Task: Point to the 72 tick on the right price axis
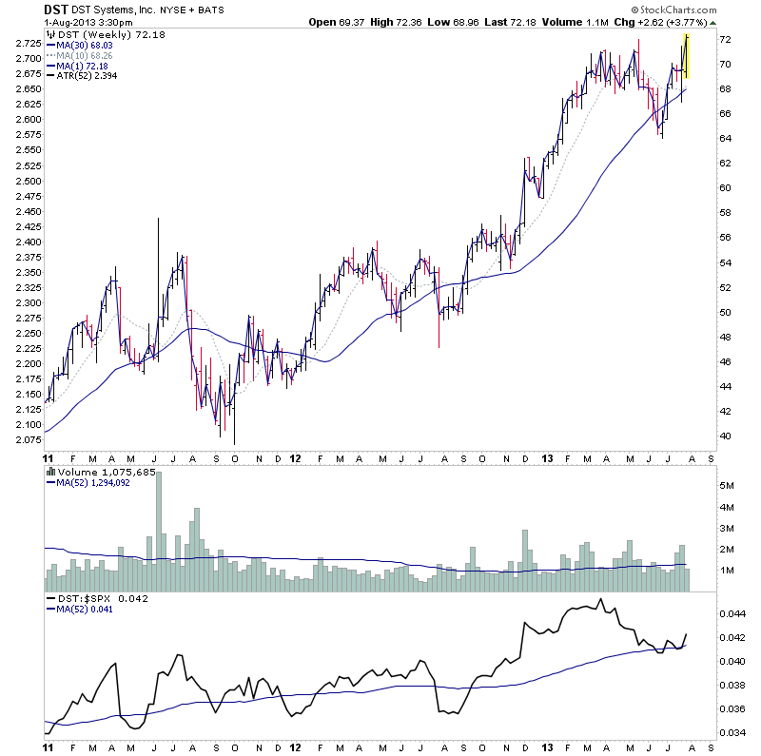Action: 725,40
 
